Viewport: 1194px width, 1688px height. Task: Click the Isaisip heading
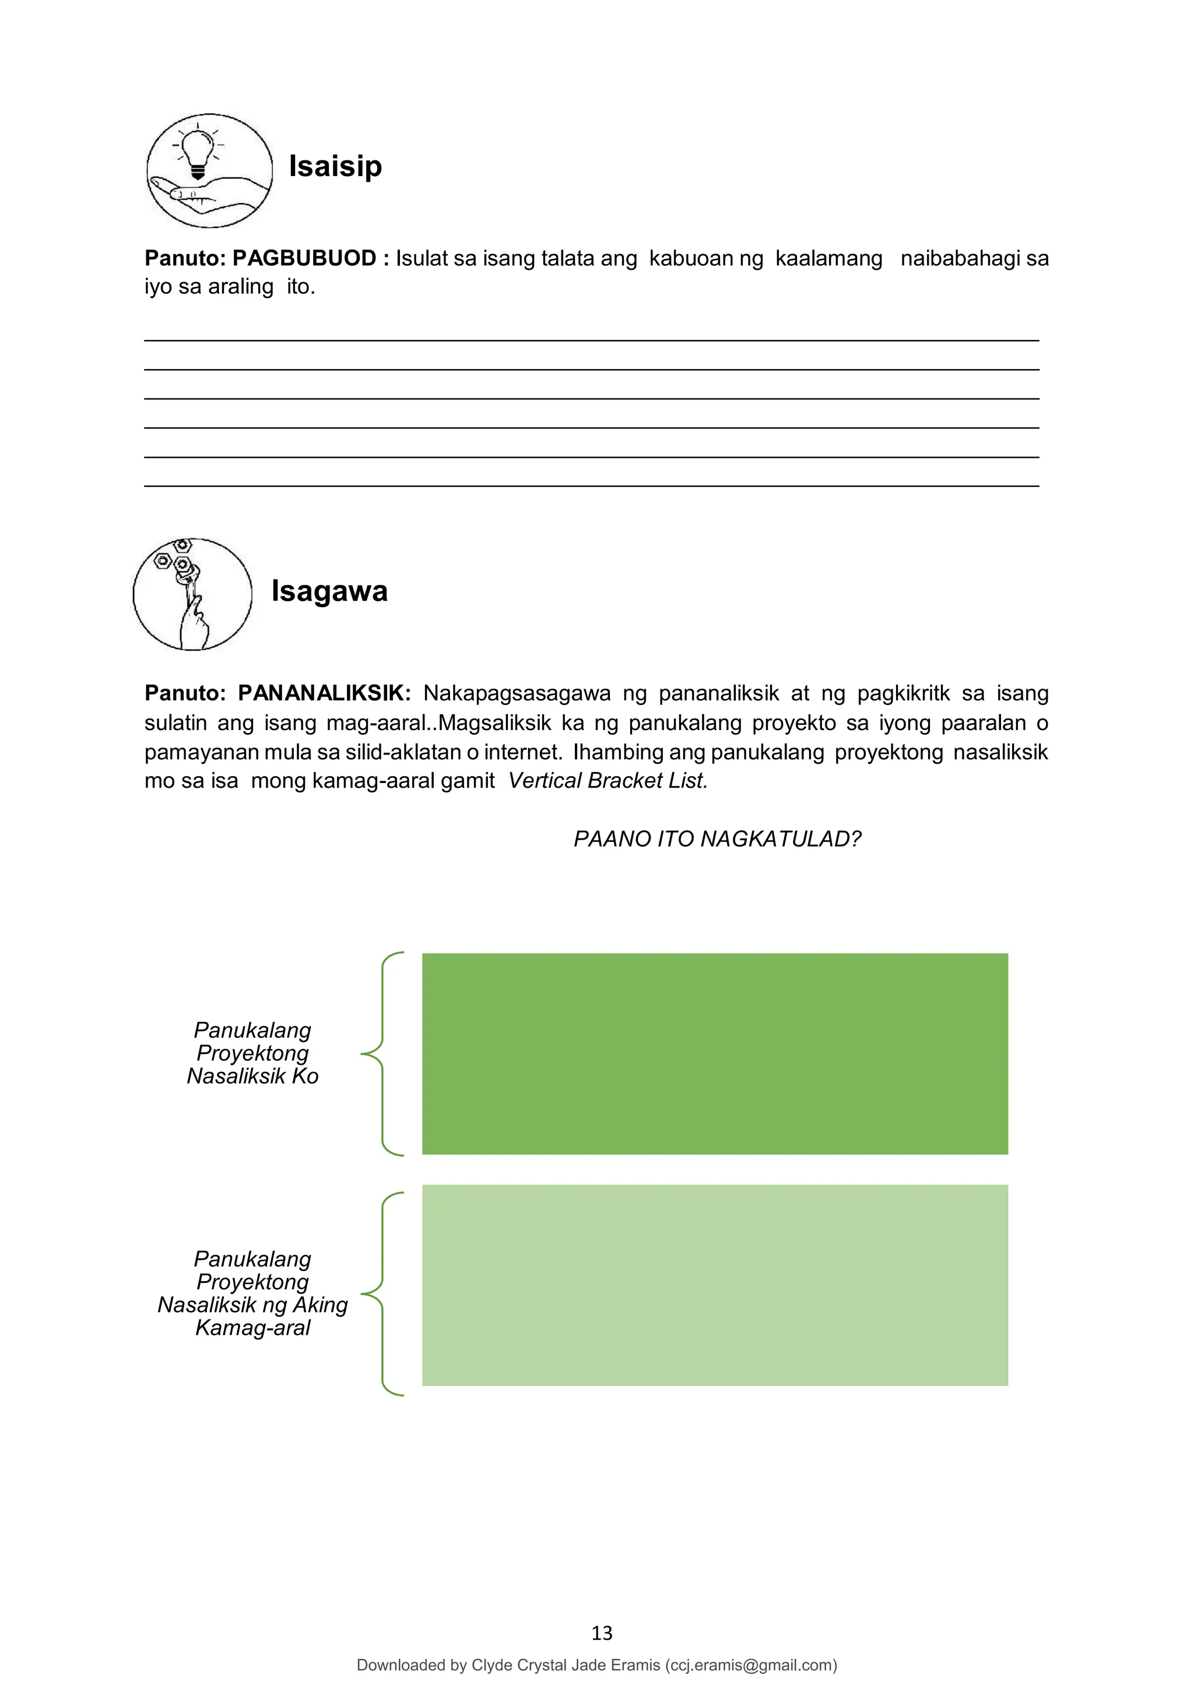click(335, 167)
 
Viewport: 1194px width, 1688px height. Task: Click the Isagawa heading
click(329, 591)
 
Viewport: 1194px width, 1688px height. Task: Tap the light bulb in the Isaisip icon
click(197, 150)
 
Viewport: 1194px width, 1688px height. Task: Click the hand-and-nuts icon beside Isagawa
click(192, 594)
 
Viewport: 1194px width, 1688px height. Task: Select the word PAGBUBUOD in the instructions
click(304, 259)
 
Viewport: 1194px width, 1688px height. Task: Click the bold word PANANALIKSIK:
click(324, 693)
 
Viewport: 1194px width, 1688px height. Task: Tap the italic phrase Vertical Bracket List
click(607, 781)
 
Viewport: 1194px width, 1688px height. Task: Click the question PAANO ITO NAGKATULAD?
click(717, 839)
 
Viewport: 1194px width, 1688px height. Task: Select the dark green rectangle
click(715, 1054)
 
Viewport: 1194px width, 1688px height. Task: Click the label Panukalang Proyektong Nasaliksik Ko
click(252, 1053)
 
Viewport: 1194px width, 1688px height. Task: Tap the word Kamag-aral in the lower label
click(252, 1328)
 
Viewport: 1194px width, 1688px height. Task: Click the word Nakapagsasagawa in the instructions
click(517, 693)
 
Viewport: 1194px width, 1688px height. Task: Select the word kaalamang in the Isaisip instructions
click(828, 259)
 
